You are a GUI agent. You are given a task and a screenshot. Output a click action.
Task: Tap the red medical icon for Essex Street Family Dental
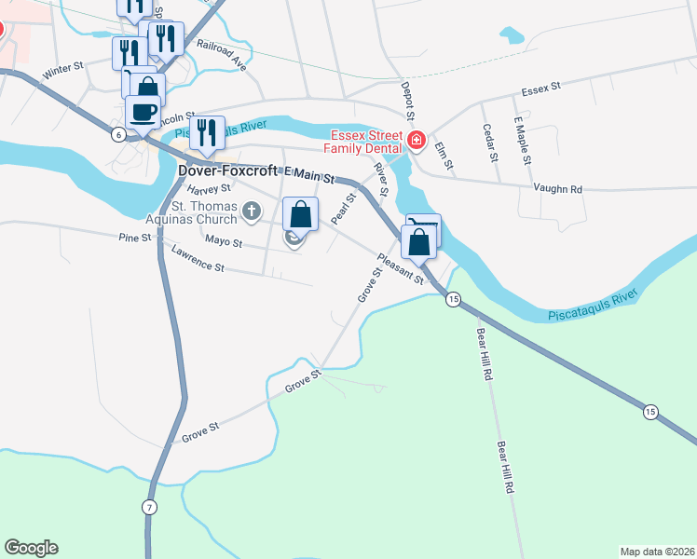point(415,142)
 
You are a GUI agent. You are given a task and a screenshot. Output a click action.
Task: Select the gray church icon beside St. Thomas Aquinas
point(251,212)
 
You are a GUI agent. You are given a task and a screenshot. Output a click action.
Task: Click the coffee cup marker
point(143,114)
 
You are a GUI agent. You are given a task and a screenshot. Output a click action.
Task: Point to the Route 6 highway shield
point(118,135)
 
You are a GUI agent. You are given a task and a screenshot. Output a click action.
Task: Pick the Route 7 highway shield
point(148,507)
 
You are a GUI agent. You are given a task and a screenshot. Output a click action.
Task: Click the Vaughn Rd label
point(557,188)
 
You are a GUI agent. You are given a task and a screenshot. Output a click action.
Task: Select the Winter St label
point(63,71)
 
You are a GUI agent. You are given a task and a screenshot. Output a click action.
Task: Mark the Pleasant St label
point(401,268)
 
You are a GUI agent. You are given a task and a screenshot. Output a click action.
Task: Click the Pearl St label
point(343,209)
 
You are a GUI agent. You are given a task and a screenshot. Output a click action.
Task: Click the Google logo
point(31,548)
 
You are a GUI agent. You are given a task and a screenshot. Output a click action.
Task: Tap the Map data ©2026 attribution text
point(657,552)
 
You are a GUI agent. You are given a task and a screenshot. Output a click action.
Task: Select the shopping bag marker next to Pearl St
point(300,215)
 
